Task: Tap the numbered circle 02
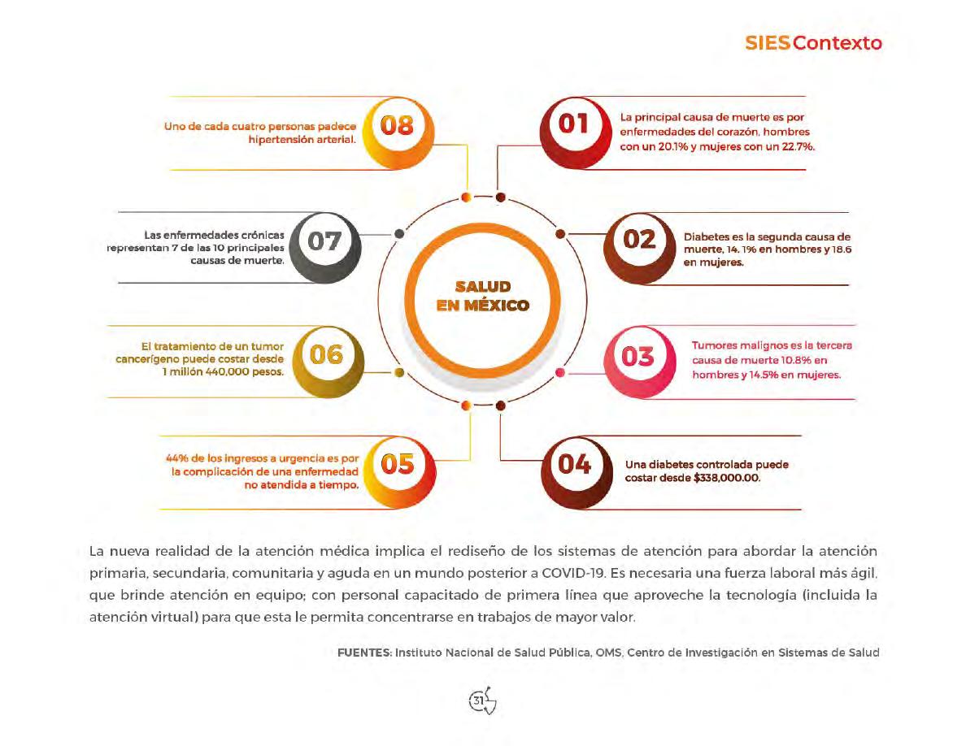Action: (x=638, y=240)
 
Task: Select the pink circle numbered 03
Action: (x=637, y=356)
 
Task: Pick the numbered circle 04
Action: (x=574, y=464)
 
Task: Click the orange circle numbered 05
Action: (x=396, y=463)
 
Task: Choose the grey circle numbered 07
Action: (x=324, y=241)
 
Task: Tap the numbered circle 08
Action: (x=394, y=126)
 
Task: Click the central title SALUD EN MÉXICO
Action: (x=482, y=297)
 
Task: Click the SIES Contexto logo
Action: (x=813, y=43)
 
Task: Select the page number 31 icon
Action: (x=482, y=700)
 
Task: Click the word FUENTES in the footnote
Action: (x=364, y=653)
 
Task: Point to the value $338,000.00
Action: (x=726, y=479)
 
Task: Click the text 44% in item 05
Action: (x=176, y=458)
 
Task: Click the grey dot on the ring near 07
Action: (x=399, y=233)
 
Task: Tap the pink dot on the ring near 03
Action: (x=559, y=373)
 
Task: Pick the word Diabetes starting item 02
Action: (x=707, y=236)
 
